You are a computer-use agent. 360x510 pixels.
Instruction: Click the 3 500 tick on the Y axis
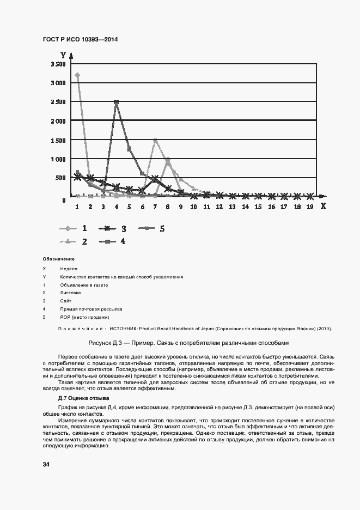[x=58, y=64]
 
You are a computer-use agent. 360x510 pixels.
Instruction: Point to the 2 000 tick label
[x=58, y=121]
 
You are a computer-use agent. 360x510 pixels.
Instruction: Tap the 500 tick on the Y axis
[x=60, y=178]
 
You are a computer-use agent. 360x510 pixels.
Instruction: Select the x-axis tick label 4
[x=116, y=207]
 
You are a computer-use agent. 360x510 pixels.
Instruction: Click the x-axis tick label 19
[x=310, y=207]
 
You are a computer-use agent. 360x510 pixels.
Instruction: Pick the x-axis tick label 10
[x=193, y=207]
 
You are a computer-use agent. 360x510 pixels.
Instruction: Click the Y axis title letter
[x=63, y=55]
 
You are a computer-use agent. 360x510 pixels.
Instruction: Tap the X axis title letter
[x=322, y=207]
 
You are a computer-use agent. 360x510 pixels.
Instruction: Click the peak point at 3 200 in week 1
[x=77, y=75]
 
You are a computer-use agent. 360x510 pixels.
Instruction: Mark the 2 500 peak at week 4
[x=116, y=102]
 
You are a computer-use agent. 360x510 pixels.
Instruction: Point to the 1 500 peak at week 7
[x=155, y=140]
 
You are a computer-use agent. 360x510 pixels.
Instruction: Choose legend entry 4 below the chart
[x=123, y=241]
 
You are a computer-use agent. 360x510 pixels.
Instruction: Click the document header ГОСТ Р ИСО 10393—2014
[x=80, y=40]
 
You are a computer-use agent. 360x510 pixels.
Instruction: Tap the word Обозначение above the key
[x=58, y=259]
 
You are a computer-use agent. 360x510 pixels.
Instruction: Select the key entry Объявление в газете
[x=84, y=285]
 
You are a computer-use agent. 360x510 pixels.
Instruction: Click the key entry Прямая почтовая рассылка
[x=91, y=309]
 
